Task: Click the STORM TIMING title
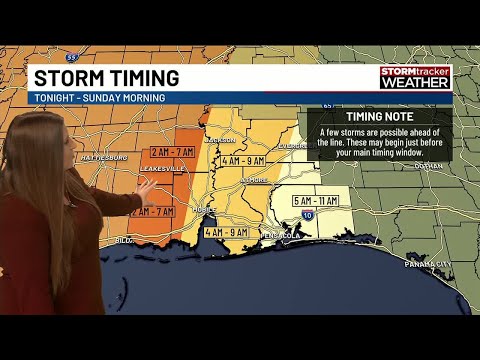coord(106,77)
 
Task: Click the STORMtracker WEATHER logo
coord(415,78)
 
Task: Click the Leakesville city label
coord(159,168)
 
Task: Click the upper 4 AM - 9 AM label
coord(242,160)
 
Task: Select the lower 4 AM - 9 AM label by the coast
coord(225,232)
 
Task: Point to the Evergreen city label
coord(291,145)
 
